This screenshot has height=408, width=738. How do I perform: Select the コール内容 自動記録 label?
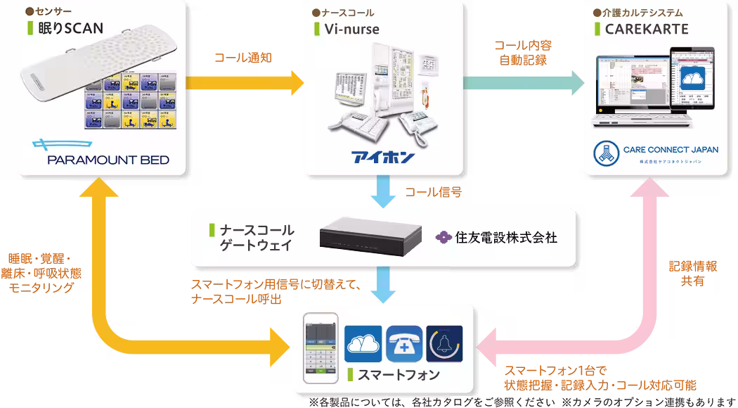point(523,53)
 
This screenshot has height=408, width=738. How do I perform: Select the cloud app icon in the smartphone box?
point(363,343)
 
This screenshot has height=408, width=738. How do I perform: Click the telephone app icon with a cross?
point(404,343)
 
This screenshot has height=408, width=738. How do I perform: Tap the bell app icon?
point(444,343)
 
